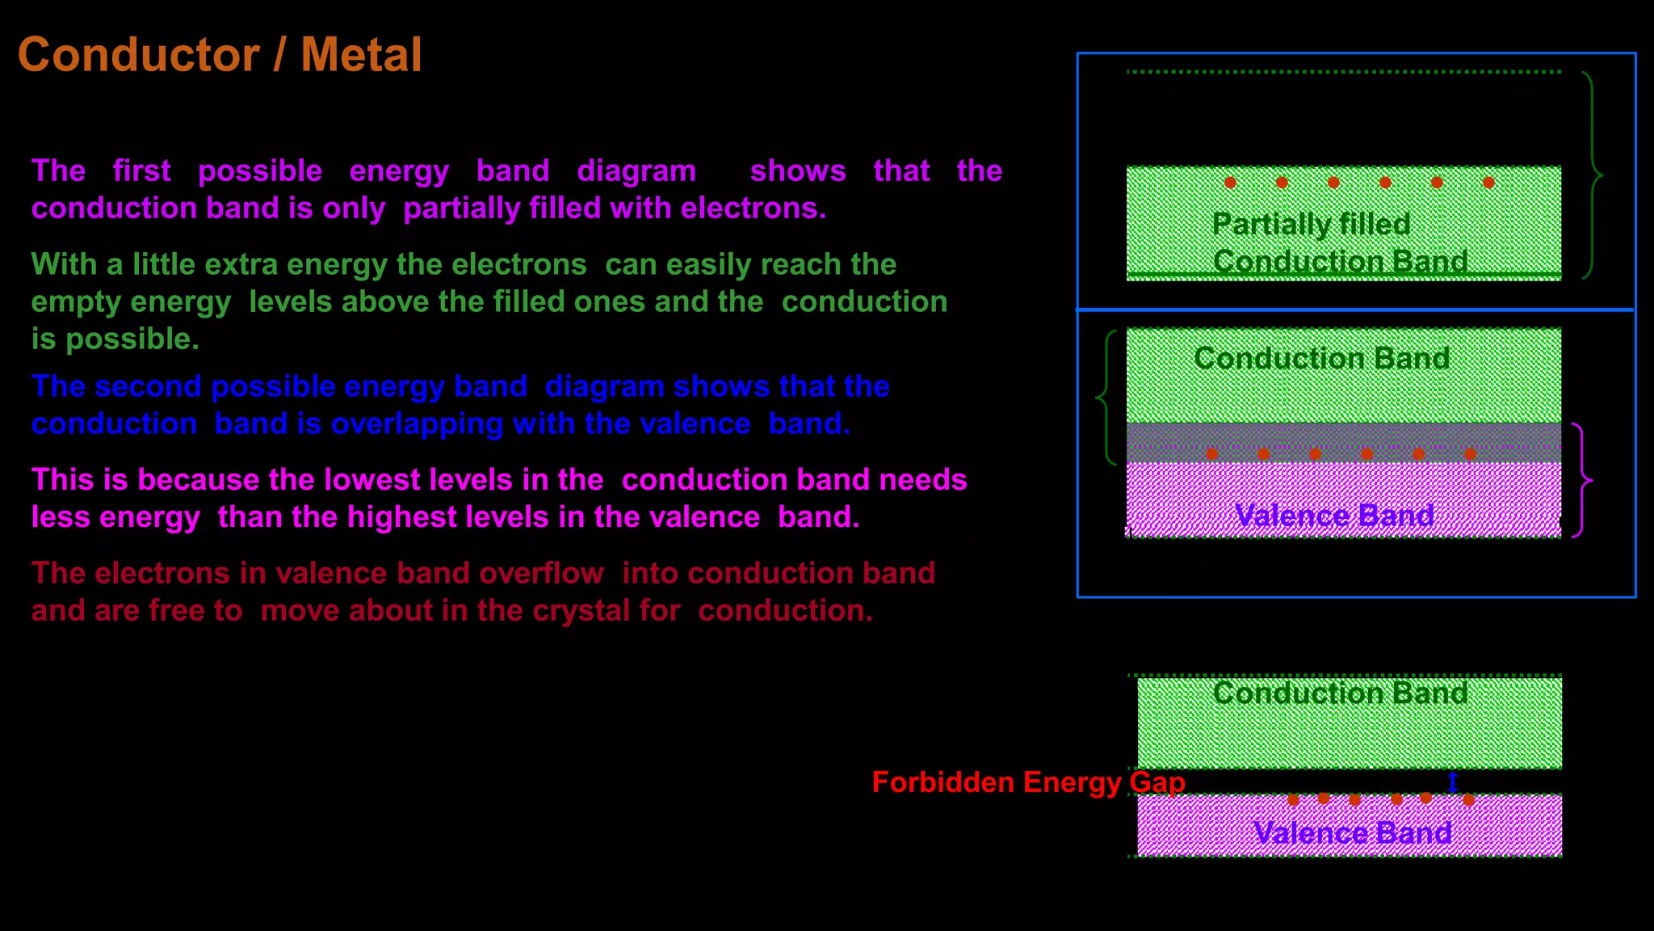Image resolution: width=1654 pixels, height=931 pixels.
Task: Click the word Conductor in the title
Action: click(139, 55)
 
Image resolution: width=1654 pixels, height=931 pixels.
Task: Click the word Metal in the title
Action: click(361, 55)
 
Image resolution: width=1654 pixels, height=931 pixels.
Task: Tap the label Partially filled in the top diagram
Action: click(1311, 224)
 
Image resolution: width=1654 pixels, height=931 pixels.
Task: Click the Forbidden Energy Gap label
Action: click(1028, 782)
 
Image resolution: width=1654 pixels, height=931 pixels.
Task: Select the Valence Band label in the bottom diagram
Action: click(1353, 832)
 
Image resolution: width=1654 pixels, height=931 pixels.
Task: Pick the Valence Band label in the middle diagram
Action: click(1334, 515)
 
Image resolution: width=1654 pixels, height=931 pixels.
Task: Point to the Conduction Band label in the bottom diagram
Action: click(1340, 693)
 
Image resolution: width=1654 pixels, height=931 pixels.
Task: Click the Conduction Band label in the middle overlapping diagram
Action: click(1321, 358)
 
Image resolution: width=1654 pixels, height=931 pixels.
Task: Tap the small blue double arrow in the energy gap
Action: click(1453, 782)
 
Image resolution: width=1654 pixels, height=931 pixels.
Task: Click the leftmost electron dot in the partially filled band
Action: click(1230, 183)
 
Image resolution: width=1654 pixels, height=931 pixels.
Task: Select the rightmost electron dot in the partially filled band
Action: click(1488, 183)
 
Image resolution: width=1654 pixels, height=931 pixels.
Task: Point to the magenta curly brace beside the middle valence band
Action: click(1581, 480)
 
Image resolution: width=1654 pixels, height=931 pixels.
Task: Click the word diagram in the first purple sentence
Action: click(636, 171)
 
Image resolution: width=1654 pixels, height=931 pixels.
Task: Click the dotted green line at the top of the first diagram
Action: click(1343, 72)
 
